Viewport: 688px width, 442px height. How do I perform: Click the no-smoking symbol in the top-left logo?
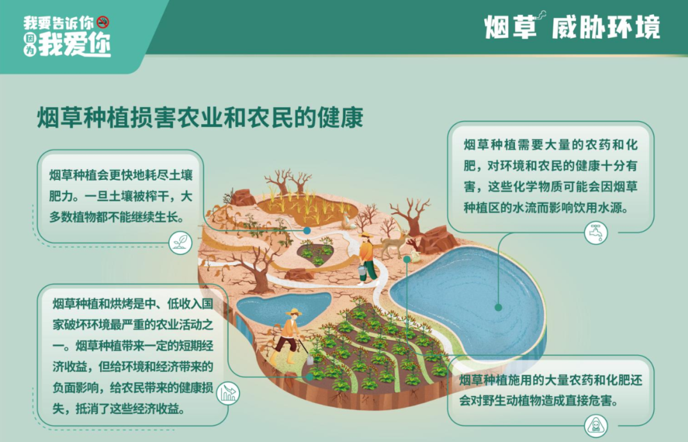point(103,22)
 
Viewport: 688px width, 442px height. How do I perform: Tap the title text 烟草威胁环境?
point(572,26)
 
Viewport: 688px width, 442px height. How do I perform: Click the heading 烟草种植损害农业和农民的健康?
point(200,117)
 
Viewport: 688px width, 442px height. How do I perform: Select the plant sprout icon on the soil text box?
point(181,243)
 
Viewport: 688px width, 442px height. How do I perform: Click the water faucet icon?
point(596,233)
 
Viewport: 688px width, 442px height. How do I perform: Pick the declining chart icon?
point(227,393)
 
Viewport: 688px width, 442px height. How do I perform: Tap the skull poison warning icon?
point(596,425)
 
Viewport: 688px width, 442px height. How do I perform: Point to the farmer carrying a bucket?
point(367,258)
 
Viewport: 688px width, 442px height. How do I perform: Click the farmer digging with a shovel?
point(289,336)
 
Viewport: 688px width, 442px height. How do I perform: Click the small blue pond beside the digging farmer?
point(283,308)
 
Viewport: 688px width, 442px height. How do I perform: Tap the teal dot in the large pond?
point(498,307)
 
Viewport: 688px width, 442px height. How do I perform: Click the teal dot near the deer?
point(407,259)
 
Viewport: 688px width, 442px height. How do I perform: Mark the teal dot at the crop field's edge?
point(310,377)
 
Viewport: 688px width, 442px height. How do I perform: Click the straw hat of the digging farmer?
point(294,312)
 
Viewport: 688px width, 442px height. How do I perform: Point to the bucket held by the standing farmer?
point(362,270)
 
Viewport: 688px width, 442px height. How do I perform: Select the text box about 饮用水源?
point(551,177)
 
